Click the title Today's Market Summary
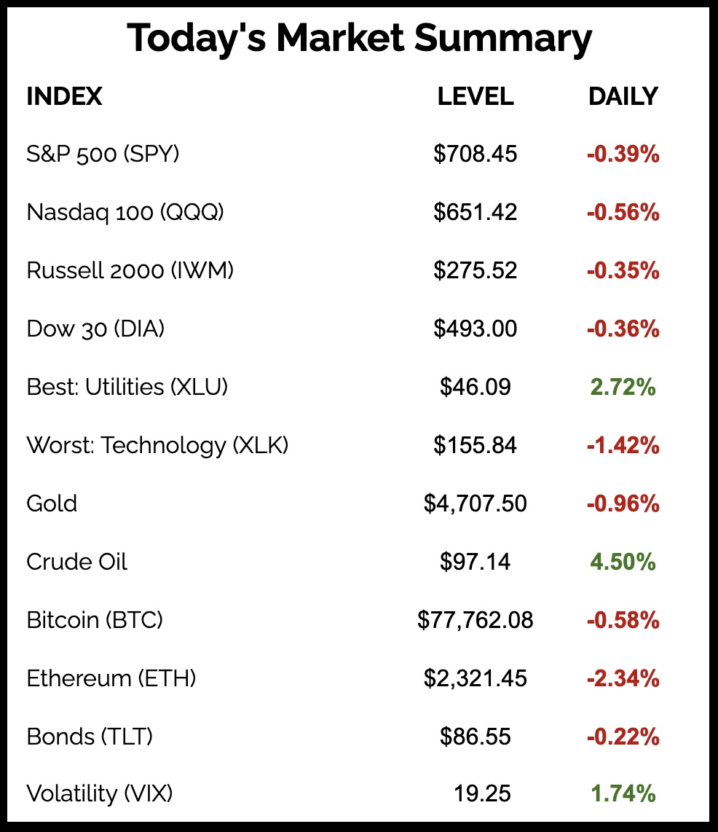tap(359, 39)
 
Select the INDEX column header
tap(64, 96)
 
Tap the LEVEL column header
tap(476, 96)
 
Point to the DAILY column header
tap(623, 96)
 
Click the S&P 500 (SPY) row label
tap(103, 154)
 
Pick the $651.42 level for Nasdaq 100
tap(476, 212)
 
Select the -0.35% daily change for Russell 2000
tap(623, 270)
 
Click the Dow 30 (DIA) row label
tap(95, 329)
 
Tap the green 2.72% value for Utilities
tap(623, 387)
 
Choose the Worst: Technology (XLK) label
tap(157, 445)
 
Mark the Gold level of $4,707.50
tap(476, 503)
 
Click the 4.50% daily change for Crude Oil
tap(623, 562)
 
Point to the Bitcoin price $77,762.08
tap(476, 620)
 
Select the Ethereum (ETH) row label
tap(111, 678)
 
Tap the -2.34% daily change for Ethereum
tap(623, 678)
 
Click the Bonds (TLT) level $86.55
tap(476, 737)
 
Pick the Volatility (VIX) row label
tap(100, 793)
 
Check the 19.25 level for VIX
tap(481, 793)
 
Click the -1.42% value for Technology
tap(623, 445)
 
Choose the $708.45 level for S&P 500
tap(476, 154)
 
